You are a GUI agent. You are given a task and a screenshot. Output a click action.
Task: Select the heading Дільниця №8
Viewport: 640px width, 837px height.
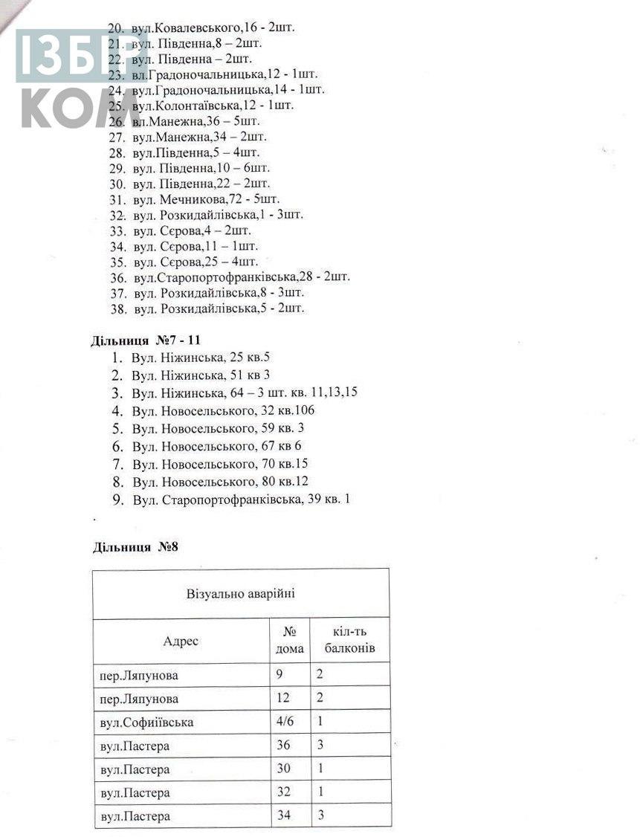(135, 548)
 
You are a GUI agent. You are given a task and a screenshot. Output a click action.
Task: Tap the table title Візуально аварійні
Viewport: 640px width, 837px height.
(241, 594)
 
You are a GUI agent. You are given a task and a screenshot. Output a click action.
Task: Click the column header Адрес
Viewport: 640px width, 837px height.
(181, 641)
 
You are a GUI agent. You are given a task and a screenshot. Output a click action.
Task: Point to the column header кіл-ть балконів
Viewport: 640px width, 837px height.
(350, 641)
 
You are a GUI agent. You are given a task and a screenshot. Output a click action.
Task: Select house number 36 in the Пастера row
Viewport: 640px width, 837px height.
(283, 746)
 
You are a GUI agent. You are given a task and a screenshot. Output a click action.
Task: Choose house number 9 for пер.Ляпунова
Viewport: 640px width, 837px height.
(280, 675)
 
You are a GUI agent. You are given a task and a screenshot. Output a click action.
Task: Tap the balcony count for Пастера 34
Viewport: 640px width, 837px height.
(320, 815)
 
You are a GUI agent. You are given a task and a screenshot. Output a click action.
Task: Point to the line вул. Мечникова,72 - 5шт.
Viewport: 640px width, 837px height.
(205, 199)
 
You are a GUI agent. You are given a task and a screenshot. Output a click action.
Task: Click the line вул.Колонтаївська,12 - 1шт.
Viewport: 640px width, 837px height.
(212, 106)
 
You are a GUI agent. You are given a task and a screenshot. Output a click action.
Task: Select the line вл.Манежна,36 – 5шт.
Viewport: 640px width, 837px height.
(197, 121)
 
